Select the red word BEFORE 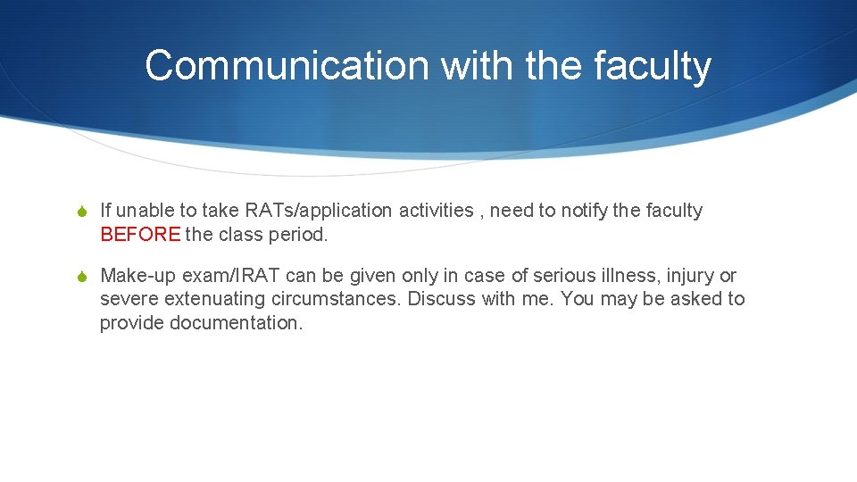coord(140,235)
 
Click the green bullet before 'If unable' coord(81,212)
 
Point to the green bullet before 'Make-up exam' coord(81,277)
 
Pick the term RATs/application coord(319,211)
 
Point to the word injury coord(691,276)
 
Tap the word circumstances coord(339,299)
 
